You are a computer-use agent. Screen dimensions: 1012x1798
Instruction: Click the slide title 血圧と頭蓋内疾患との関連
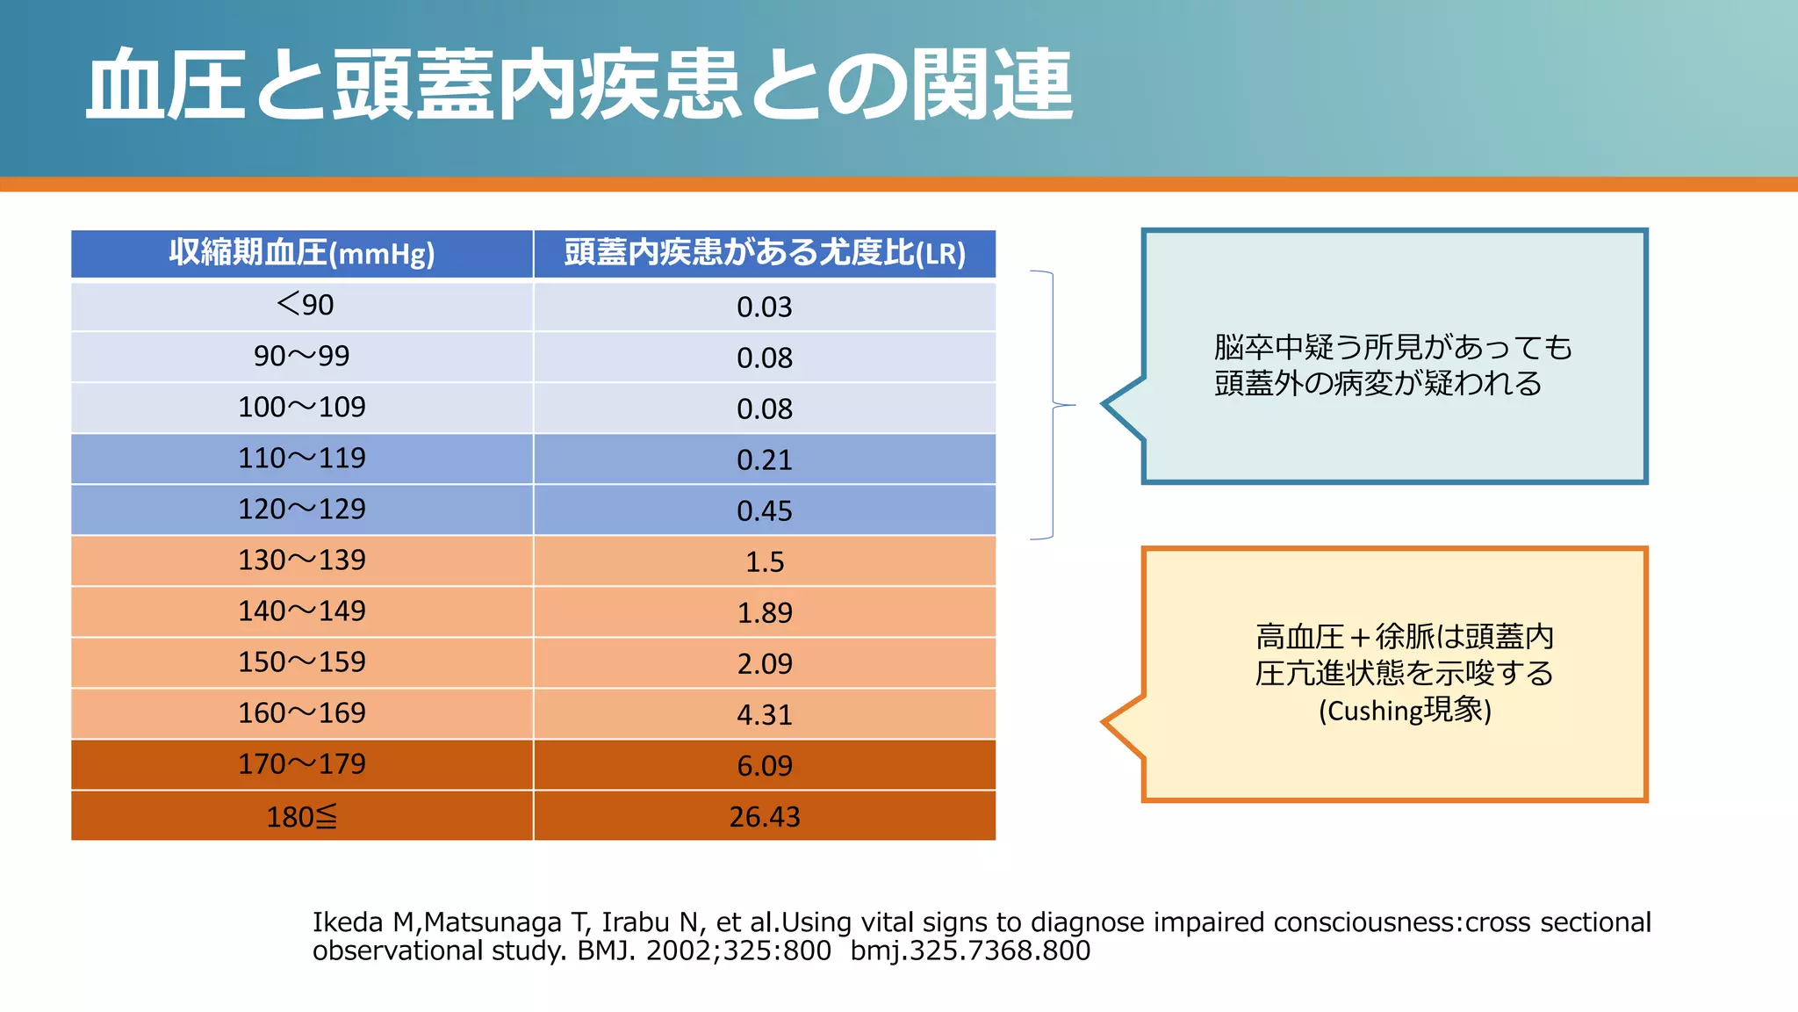[x=579, y=85]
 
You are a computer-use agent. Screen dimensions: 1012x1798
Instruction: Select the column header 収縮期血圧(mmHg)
[x=301, y=254]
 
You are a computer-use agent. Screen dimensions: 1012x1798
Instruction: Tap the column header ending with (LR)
[x=764, y=254]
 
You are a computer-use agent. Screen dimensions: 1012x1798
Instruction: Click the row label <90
[x=305, y=305]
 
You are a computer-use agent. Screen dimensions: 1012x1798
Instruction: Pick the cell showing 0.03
[x=764, y=307]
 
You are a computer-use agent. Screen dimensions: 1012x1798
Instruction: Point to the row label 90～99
[x=301, y=356]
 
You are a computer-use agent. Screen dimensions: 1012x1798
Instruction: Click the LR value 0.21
[x=764, y=460]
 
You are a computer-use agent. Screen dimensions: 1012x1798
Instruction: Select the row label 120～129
[x=301, y=510]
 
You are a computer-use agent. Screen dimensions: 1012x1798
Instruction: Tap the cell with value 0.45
[x=764, y=511]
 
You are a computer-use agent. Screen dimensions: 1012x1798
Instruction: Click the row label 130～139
[x=301, y=560]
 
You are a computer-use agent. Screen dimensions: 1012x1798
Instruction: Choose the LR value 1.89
[x=764, y=613]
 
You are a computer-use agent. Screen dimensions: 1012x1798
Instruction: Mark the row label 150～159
[x=301, y=662]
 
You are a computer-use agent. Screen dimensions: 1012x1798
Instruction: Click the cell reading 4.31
[x=764, y=715]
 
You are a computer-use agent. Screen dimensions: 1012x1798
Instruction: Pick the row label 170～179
[x=301, y=764]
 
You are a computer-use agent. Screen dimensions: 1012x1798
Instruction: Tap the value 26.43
[x=764, y=817]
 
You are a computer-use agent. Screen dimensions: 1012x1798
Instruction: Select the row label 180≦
[x=301, y=817]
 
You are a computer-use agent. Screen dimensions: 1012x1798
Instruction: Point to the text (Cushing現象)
[x=1405, y=710]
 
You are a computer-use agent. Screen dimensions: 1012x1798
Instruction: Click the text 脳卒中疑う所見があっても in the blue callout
[x=1392, y=348]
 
